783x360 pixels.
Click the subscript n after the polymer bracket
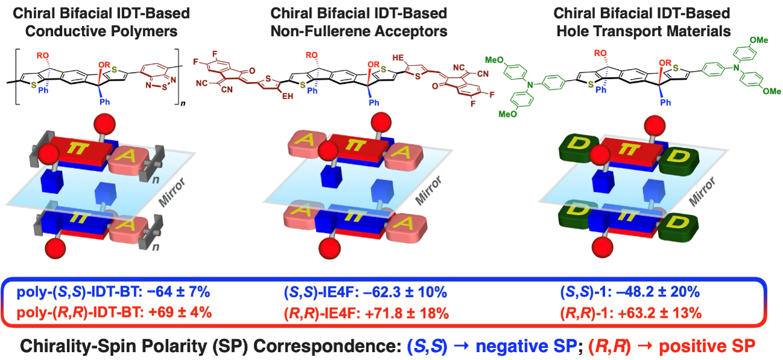183,104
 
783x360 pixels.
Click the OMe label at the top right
759,40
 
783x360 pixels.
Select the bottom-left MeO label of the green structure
508,114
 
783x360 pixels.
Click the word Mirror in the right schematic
702,192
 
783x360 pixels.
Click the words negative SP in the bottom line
526,346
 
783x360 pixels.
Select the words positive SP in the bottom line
707,346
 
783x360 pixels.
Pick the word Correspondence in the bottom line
327,346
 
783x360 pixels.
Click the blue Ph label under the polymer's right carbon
105,102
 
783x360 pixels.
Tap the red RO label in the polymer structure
43,55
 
